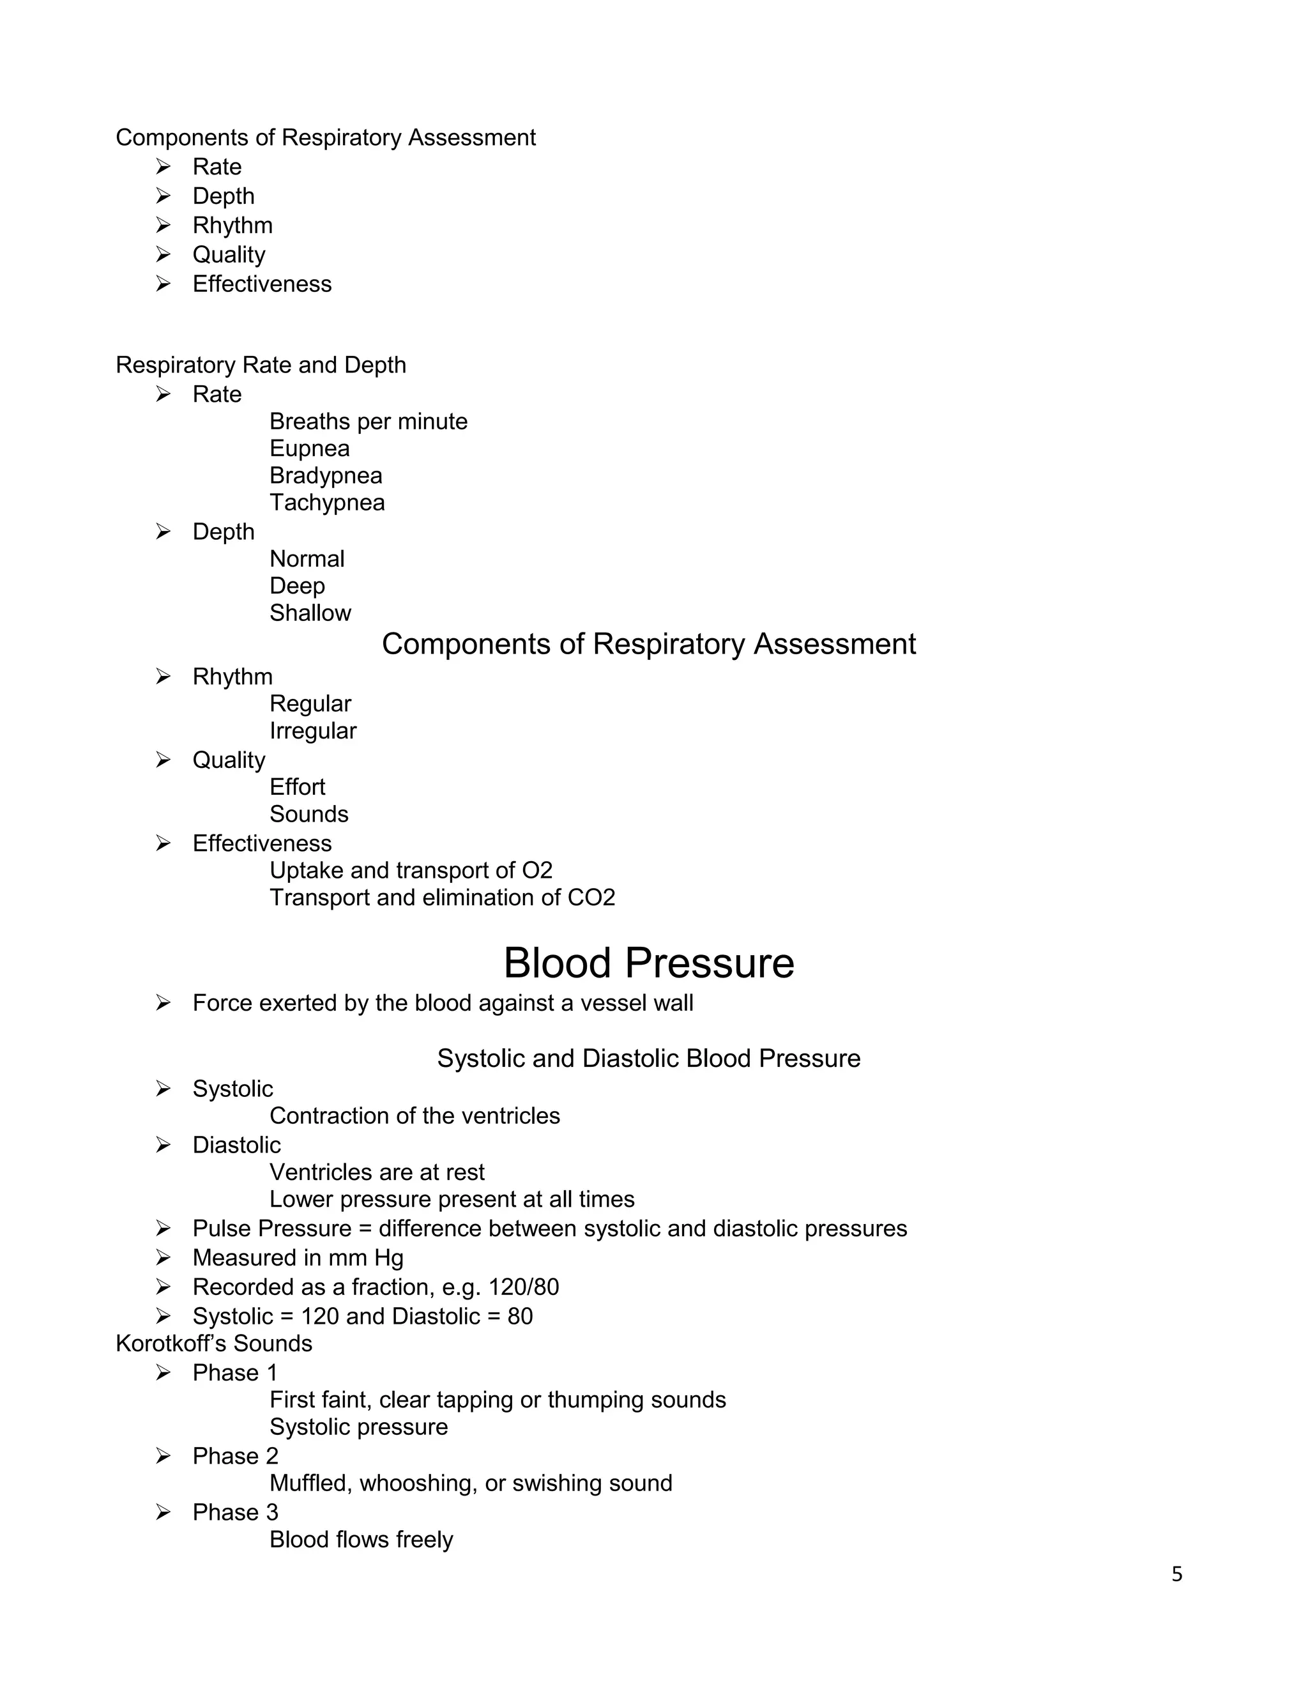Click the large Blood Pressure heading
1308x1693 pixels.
649,963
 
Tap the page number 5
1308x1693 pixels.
1176,1574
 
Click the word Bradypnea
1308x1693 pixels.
326,476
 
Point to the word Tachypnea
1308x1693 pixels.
326,503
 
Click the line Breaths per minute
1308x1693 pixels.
368,422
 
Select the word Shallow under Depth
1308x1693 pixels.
310,613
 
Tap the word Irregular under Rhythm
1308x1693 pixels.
312,731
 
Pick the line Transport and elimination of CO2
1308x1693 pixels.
442,898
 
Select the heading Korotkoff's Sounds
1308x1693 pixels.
214,1344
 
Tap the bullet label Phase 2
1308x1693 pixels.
235,1456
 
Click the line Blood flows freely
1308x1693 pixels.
360,1540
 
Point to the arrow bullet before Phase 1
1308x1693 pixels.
163,1373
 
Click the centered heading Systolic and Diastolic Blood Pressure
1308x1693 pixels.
649,1059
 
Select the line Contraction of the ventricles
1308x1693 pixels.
414,1116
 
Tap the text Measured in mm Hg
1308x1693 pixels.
298,1257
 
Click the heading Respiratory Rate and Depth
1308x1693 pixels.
261,365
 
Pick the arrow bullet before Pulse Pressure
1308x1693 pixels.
163,1229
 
